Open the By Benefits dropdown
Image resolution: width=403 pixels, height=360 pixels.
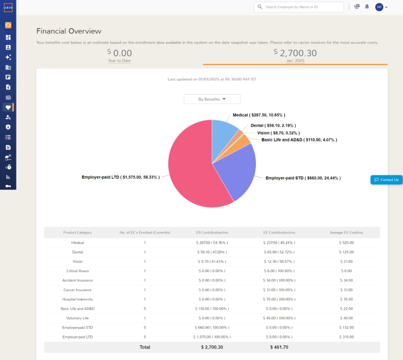point(212,99)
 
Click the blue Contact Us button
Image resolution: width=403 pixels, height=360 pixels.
point(387,180)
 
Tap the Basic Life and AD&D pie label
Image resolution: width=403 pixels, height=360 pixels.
point(299,139)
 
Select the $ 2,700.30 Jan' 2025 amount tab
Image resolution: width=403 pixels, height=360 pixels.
point(295,54)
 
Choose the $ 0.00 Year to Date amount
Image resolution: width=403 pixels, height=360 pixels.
point(119,54)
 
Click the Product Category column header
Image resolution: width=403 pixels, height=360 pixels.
point(77,232)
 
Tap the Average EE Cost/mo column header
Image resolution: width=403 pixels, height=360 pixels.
point(346,232)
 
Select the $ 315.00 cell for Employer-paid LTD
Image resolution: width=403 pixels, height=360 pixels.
point(346,337)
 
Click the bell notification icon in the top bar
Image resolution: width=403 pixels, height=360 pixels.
point(367,7)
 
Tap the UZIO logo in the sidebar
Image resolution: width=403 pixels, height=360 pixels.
point(8,7)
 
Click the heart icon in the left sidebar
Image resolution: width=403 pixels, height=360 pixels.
point(8,107)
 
